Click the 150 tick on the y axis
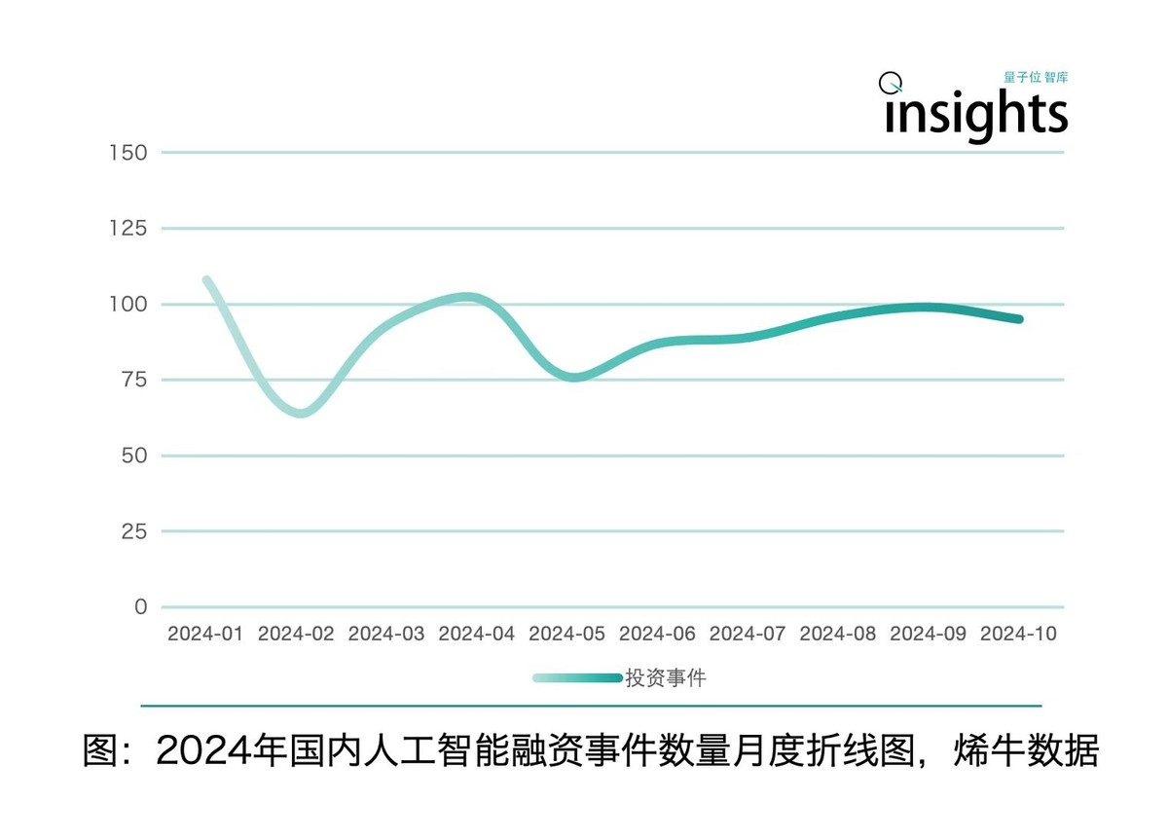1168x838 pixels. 128,153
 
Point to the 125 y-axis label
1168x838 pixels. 128,229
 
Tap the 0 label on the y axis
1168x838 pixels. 141,607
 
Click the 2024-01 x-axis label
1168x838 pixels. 205,634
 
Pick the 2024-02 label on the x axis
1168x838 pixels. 296,634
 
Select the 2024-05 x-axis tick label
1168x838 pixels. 566,634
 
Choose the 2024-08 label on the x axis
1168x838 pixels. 838,634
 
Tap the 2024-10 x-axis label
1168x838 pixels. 1018,634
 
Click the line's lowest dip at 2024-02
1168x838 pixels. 301,413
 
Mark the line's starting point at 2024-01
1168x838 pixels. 206,280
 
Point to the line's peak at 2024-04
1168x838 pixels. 468,297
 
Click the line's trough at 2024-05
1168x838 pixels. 573,377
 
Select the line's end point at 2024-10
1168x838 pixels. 1019,319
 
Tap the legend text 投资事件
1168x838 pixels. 665,678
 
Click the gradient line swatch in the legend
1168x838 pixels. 577,678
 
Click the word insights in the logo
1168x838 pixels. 976,114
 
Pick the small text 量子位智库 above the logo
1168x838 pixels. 1035,78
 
